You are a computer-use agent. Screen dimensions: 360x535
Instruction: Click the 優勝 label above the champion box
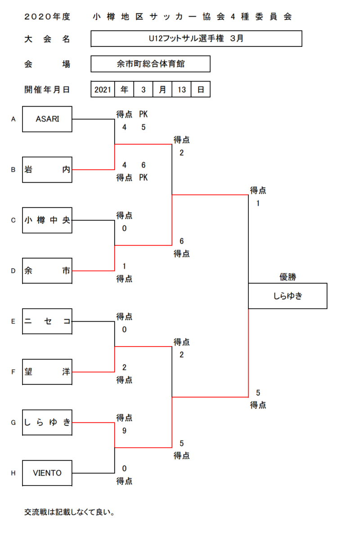[288, 277]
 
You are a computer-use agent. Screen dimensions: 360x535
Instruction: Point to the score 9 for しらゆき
[124, 431]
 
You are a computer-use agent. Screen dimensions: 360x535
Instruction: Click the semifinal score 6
[181, 241]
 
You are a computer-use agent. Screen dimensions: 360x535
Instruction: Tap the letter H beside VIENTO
[13, 473]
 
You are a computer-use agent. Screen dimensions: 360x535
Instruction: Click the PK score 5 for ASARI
[143, 127]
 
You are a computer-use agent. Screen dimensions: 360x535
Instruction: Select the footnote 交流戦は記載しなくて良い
[69, 512]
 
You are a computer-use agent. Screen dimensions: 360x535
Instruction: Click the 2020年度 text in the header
[47, 17]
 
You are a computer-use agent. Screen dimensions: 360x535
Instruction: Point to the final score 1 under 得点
[258, 203]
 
